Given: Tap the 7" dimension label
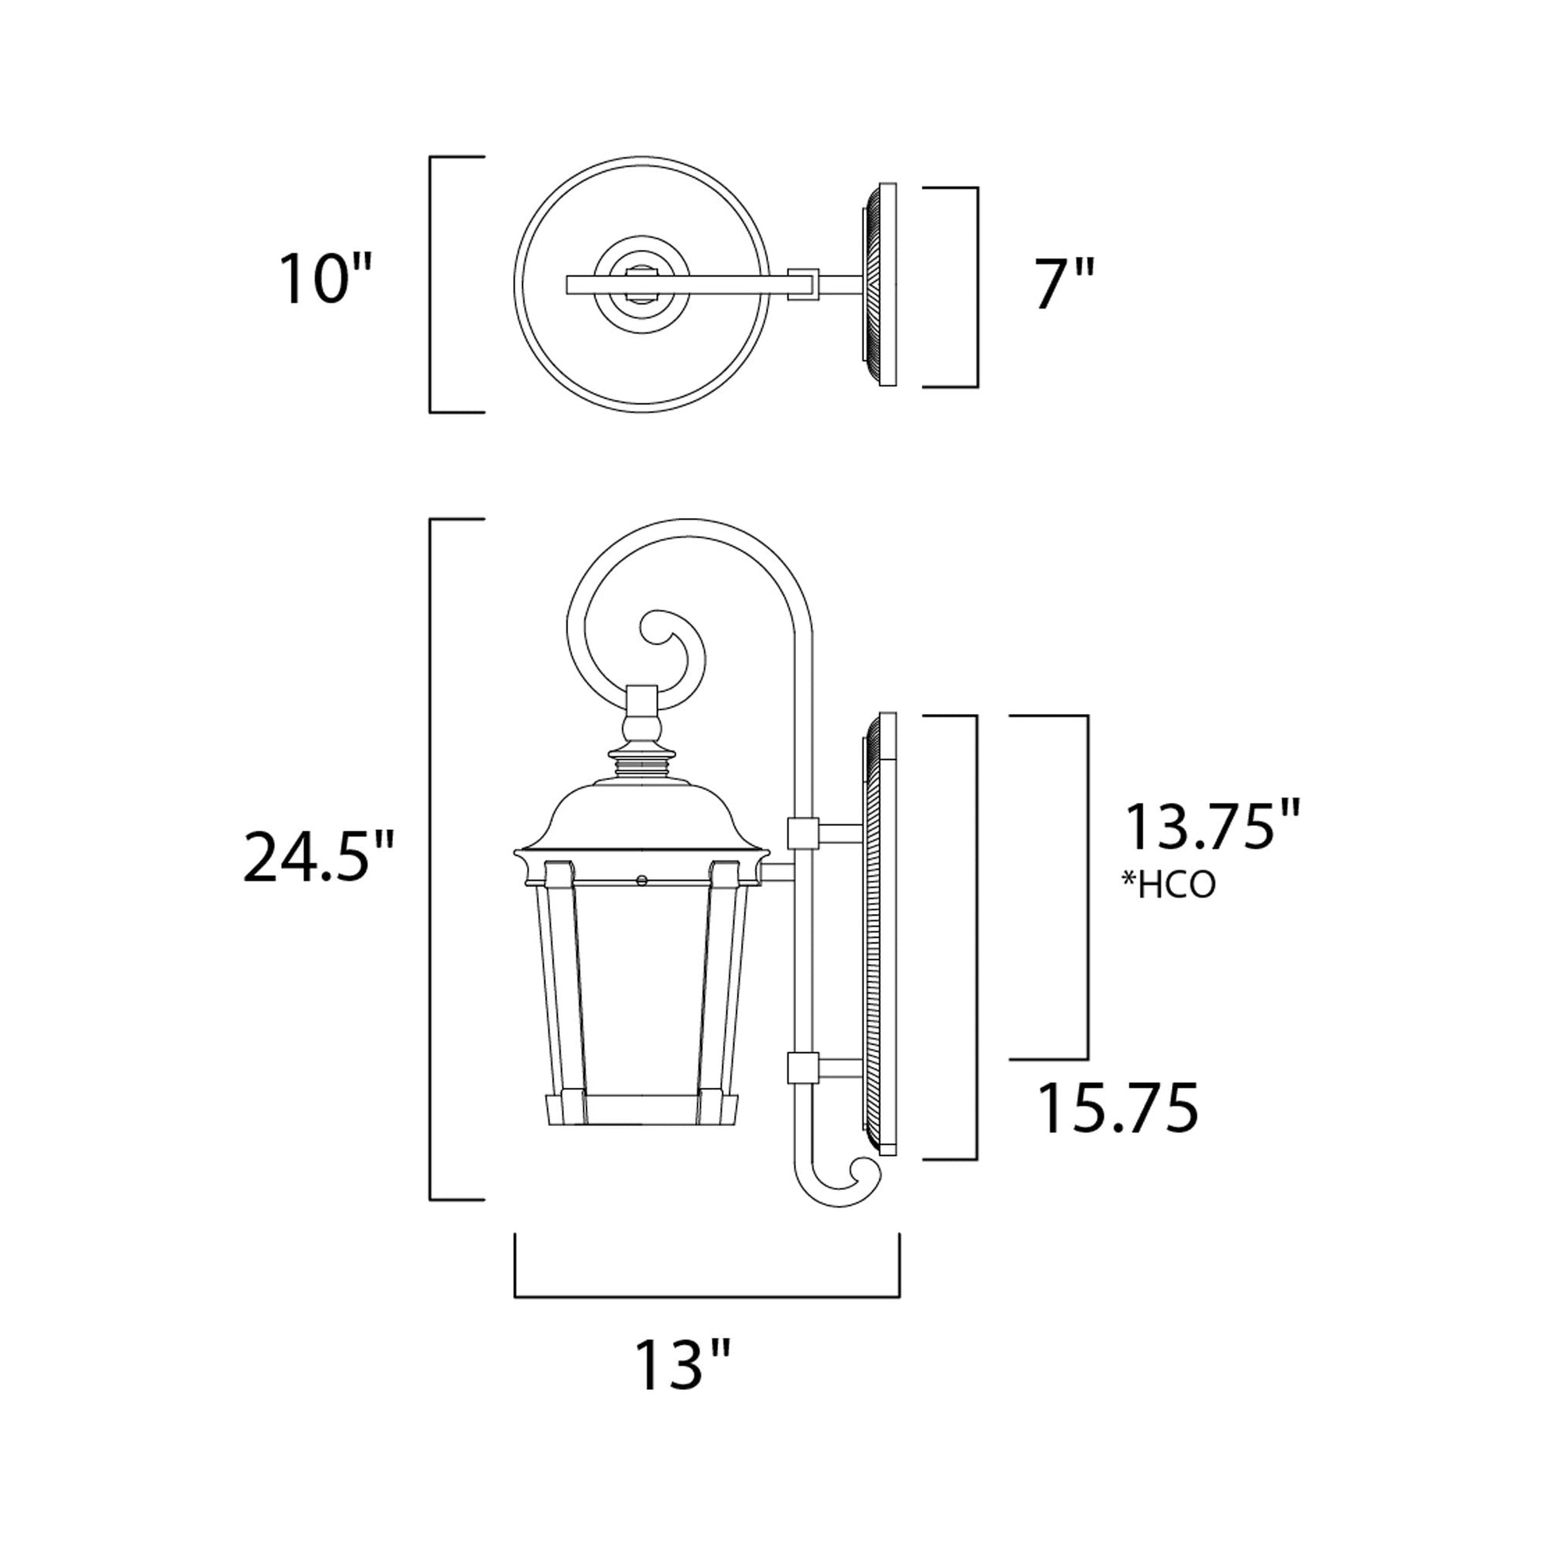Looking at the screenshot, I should [x=1064, y=285].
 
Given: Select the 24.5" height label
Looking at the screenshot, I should [x=318, y=858].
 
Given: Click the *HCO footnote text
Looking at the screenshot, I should [x=1170, y=885].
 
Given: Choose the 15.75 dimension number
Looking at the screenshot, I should [x=1118, y=1108].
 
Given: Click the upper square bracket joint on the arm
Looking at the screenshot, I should [x=802, y=834].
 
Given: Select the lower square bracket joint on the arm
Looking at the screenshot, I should [x=801, y=1068].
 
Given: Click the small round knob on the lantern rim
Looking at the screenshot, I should [x=641, y=880].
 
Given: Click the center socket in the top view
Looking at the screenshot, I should [x=643, y=285].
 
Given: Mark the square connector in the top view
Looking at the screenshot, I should [x=803, y=284].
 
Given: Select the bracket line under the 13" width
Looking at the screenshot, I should [x=707, y=1296].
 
